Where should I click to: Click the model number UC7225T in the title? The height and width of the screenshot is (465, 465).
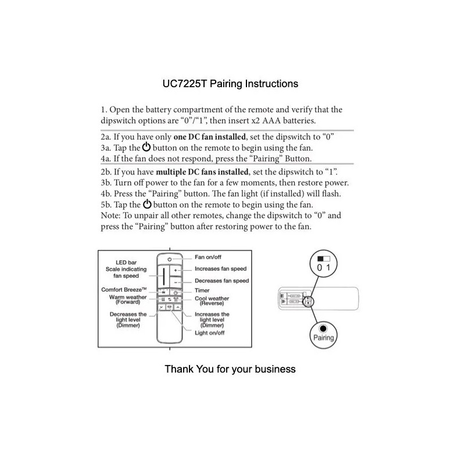pos(184,84)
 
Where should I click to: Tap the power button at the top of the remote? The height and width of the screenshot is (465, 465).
pos(169,257)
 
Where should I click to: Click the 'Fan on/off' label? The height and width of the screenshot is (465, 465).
pos(208,256)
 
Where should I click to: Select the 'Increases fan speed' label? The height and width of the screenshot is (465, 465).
pos(221,269)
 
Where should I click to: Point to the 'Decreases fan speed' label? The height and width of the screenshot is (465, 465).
pos(221,281)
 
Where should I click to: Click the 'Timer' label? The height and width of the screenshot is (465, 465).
pos(202,291)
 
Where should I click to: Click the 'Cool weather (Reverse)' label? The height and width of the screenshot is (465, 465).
pos(212,301)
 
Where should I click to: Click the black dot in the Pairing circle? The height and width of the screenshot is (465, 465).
pos(324,328)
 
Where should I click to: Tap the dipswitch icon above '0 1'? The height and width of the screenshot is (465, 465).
pos(323,257)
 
